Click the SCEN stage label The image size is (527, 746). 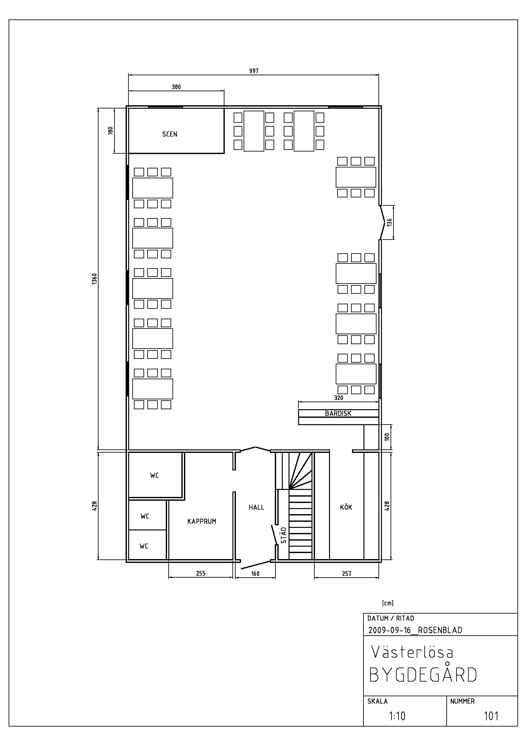click(x=170, y=134)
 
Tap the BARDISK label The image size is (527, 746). click(x=338, y=413)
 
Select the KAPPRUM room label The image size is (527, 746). click(x=201, y=521)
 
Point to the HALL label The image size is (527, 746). click(x=257, y=507)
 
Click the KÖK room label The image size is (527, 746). click(x=346, y=507)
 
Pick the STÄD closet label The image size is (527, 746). click(x=283, y=535)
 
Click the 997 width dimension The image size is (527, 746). click(x=254, y=71)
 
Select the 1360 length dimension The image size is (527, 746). click(x=94, y=279)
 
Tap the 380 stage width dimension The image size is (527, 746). click(x=176, y=87)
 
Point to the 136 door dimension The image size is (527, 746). click(x=389, y=222)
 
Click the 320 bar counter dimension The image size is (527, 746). click(x=339, y=398)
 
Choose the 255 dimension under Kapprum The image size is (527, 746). click(x=201, y=573)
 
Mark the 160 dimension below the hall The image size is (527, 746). click(x=255, y=573)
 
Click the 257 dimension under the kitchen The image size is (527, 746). click(x=347, y=573)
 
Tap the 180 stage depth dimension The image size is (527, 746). click(x=110, y=130)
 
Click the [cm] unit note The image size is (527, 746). click(x=388, y=603)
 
